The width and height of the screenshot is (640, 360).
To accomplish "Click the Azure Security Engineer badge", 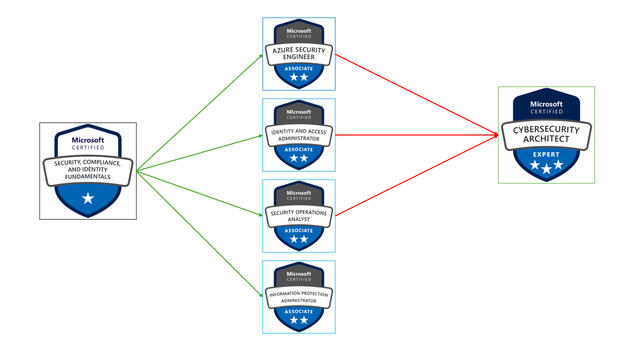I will [x=299, y=54].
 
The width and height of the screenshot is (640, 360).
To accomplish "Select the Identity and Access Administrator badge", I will [x=299, y=135].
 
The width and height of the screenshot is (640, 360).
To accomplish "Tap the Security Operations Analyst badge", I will [x=299, y=216].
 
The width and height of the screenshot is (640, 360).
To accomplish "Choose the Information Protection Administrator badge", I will [x=299, y=297].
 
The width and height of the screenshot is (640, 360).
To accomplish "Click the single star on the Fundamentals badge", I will [x=88, y=198].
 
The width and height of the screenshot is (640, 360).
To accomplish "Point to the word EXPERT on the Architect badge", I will [x=546, y=154].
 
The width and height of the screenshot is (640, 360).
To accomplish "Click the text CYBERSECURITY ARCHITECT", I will [x=546, y=134].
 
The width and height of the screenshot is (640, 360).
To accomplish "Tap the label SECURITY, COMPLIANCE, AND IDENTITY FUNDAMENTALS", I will [x=88, y=169].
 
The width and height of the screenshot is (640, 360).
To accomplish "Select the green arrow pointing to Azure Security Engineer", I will [x=200, y=112].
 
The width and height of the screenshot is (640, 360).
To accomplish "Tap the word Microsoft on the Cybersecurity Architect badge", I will [x=546, y=104].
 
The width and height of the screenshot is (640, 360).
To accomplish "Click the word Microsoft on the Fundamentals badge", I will [x=88, y=140].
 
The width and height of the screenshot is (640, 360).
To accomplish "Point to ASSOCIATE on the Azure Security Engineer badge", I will [x=299, y=68].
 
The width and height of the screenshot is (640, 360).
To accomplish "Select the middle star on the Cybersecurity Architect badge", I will [x=546, y=169].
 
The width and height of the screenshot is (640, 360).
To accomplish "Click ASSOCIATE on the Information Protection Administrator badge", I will [x=299, y=311].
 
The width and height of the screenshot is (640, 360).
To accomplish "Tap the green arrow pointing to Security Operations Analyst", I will [x=200, y=193].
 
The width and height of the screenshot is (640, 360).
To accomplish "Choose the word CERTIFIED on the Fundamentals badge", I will [x=88, y=147].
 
